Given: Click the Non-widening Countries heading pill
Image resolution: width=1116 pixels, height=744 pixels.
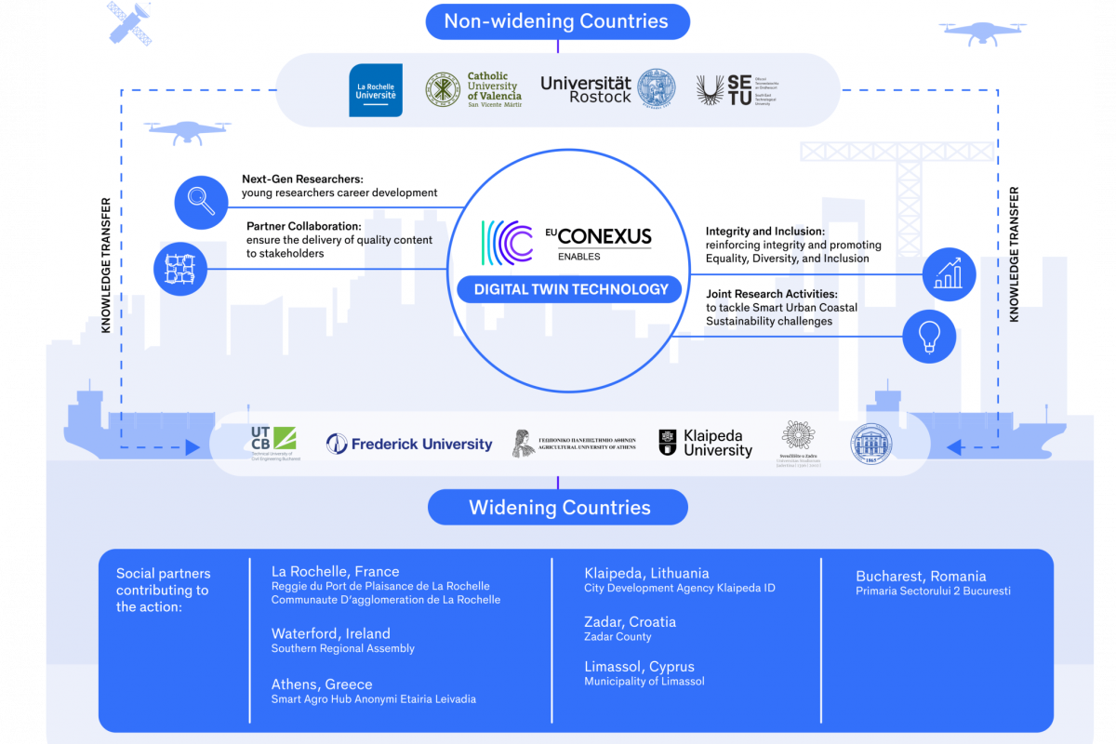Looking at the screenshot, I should (557, 21).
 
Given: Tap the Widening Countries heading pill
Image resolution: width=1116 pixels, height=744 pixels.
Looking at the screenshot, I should (558, 508).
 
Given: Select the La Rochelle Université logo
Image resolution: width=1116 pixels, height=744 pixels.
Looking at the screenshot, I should (376, 90).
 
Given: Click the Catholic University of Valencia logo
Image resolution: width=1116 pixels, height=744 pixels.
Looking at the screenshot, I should (474, 90).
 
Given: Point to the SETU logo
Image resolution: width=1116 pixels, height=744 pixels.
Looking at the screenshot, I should (724, 90).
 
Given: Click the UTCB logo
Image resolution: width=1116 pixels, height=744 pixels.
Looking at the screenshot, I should (273, 444).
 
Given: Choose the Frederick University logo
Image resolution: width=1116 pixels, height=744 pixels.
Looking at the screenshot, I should (409, 445).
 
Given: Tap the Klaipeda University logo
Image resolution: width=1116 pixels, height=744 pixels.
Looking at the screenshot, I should (706, 444).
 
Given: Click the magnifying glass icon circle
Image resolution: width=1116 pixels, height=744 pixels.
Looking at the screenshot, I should (201, 201).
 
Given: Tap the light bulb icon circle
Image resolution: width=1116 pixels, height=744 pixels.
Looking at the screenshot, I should (929, 337).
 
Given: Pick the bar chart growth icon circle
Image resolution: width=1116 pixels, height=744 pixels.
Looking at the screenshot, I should (949, 274).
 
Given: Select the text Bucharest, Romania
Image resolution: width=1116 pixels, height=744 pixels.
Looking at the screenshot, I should (921, 576).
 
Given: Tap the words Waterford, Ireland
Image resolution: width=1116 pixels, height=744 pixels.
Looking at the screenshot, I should (330, 633).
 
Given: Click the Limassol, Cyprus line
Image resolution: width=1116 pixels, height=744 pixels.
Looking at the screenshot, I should (639, 667).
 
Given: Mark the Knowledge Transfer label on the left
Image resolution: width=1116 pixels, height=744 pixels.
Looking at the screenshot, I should (107, 265).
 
